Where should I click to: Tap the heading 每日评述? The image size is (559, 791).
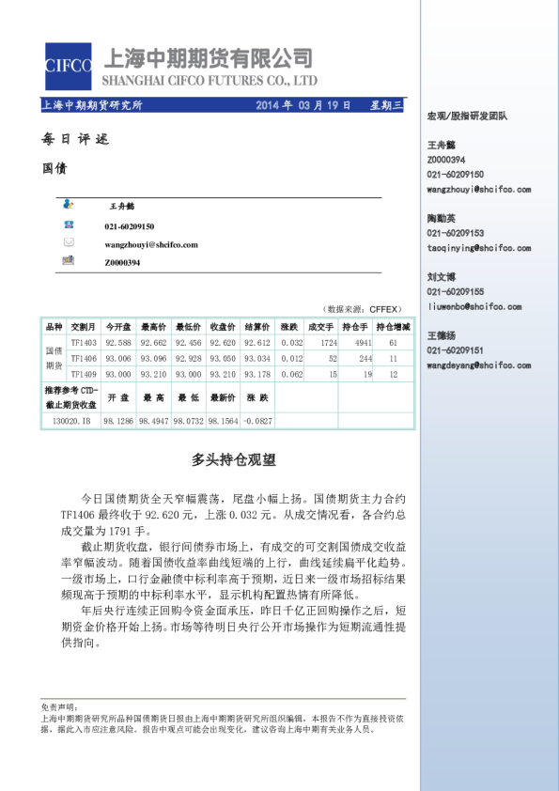(x=75, y=139)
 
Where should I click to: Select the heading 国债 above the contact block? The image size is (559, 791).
(x=54, y=169)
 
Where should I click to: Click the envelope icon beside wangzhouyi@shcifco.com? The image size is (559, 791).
(x=69, y=243)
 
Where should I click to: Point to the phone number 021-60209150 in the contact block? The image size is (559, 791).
(x=130, y=226)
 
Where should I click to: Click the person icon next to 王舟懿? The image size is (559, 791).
(x=69, y=204)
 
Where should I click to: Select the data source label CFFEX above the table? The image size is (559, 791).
(x=384, y=308)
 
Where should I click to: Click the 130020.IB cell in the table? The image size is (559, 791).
(x=71, y=422)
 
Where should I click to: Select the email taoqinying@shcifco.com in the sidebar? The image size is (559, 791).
(x=478, y=248)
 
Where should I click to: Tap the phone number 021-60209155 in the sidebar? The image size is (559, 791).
(x=456, y=291)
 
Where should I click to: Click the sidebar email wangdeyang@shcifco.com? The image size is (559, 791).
(x=478, y=364)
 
